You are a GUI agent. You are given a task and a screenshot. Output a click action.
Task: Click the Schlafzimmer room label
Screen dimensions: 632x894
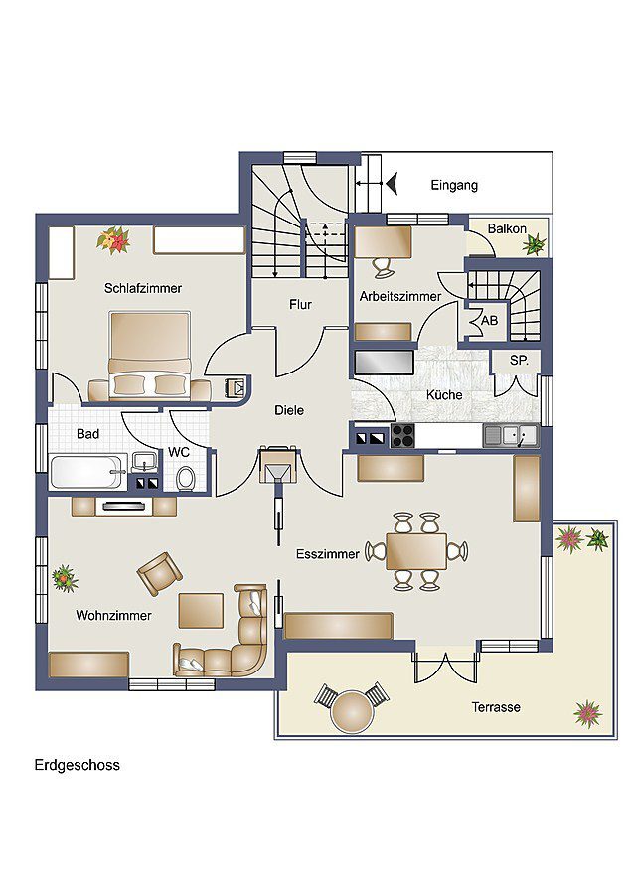point(143,288)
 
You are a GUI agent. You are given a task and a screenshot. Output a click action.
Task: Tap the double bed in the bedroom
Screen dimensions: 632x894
point(150,355)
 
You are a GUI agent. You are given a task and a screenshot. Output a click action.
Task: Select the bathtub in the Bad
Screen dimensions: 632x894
point(88,472)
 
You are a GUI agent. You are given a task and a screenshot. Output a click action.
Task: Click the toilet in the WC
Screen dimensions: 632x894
point(186,478)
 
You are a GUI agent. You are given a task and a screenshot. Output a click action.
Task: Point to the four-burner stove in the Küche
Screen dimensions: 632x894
point(403,436)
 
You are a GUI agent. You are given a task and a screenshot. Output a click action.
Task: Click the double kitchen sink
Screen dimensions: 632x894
point(511,436)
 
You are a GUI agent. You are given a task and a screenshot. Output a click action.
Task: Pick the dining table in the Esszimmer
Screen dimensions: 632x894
point(415,551)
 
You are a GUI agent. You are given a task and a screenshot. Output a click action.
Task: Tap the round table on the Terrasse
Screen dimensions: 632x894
point(352,711)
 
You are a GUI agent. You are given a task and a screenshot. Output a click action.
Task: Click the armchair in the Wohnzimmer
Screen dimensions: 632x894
point(160,573)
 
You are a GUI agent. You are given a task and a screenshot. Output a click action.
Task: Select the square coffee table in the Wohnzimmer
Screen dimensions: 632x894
point(201,610)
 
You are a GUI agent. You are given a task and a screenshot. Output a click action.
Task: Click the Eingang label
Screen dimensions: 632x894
point(454,186)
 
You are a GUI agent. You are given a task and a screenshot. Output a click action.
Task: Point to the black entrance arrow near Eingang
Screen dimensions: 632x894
point(392,184)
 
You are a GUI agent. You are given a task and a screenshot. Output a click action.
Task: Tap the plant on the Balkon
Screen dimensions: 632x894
point(535,245)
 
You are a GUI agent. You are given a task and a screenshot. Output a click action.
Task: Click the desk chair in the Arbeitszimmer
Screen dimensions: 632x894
point(384,267)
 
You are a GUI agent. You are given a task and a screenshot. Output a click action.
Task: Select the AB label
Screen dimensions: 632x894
point(489,321)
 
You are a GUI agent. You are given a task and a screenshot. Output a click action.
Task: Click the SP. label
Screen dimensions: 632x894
point(519,361)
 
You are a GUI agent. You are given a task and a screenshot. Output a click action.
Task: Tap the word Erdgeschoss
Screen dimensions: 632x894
point(77,765)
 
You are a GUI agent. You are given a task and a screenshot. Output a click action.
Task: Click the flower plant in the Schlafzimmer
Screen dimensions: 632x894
point(113,240)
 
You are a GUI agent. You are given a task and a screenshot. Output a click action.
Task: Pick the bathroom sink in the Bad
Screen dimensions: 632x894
point(145,462)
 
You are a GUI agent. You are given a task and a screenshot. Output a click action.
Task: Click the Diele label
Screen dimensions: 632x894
point(289,410)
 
